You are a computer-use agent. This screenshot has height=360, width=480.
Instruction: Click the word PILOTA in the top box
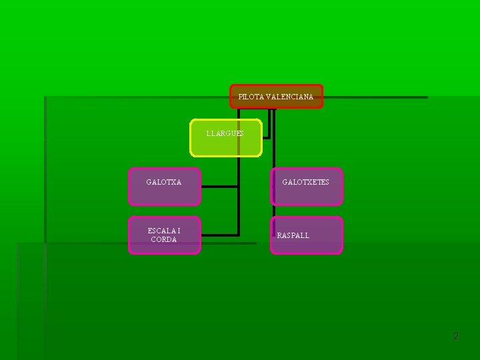click(x=251, y=97)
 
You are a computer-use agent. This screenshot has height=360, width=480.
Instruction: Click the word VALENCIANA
click(x=289, y=97)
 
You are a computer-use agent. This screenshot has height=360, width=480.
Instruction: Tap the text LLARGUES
click(x=225, y=133)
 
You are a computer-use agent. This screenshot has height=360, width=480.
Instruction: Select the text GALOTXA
click(x=164, y=182)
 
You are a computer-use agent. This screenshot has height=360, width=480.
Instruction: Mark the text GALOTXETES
click(x=305, y=182)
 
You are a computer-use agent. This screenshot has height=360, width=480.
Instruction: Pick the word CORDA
click(x=164, y=239)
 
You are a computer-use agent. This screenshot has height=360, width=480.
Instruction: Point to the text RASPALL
click(x=293, y=235)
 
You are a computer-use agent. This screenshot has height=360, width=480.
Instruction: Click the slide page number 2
click(x=456, y=337)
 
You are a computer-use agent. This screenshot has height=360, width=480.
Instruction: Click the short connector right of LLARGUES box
click(x=267, y=137)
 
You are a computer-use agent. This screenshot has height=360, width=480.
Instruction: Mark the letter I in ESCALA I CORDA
click(x=179, y=231)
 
